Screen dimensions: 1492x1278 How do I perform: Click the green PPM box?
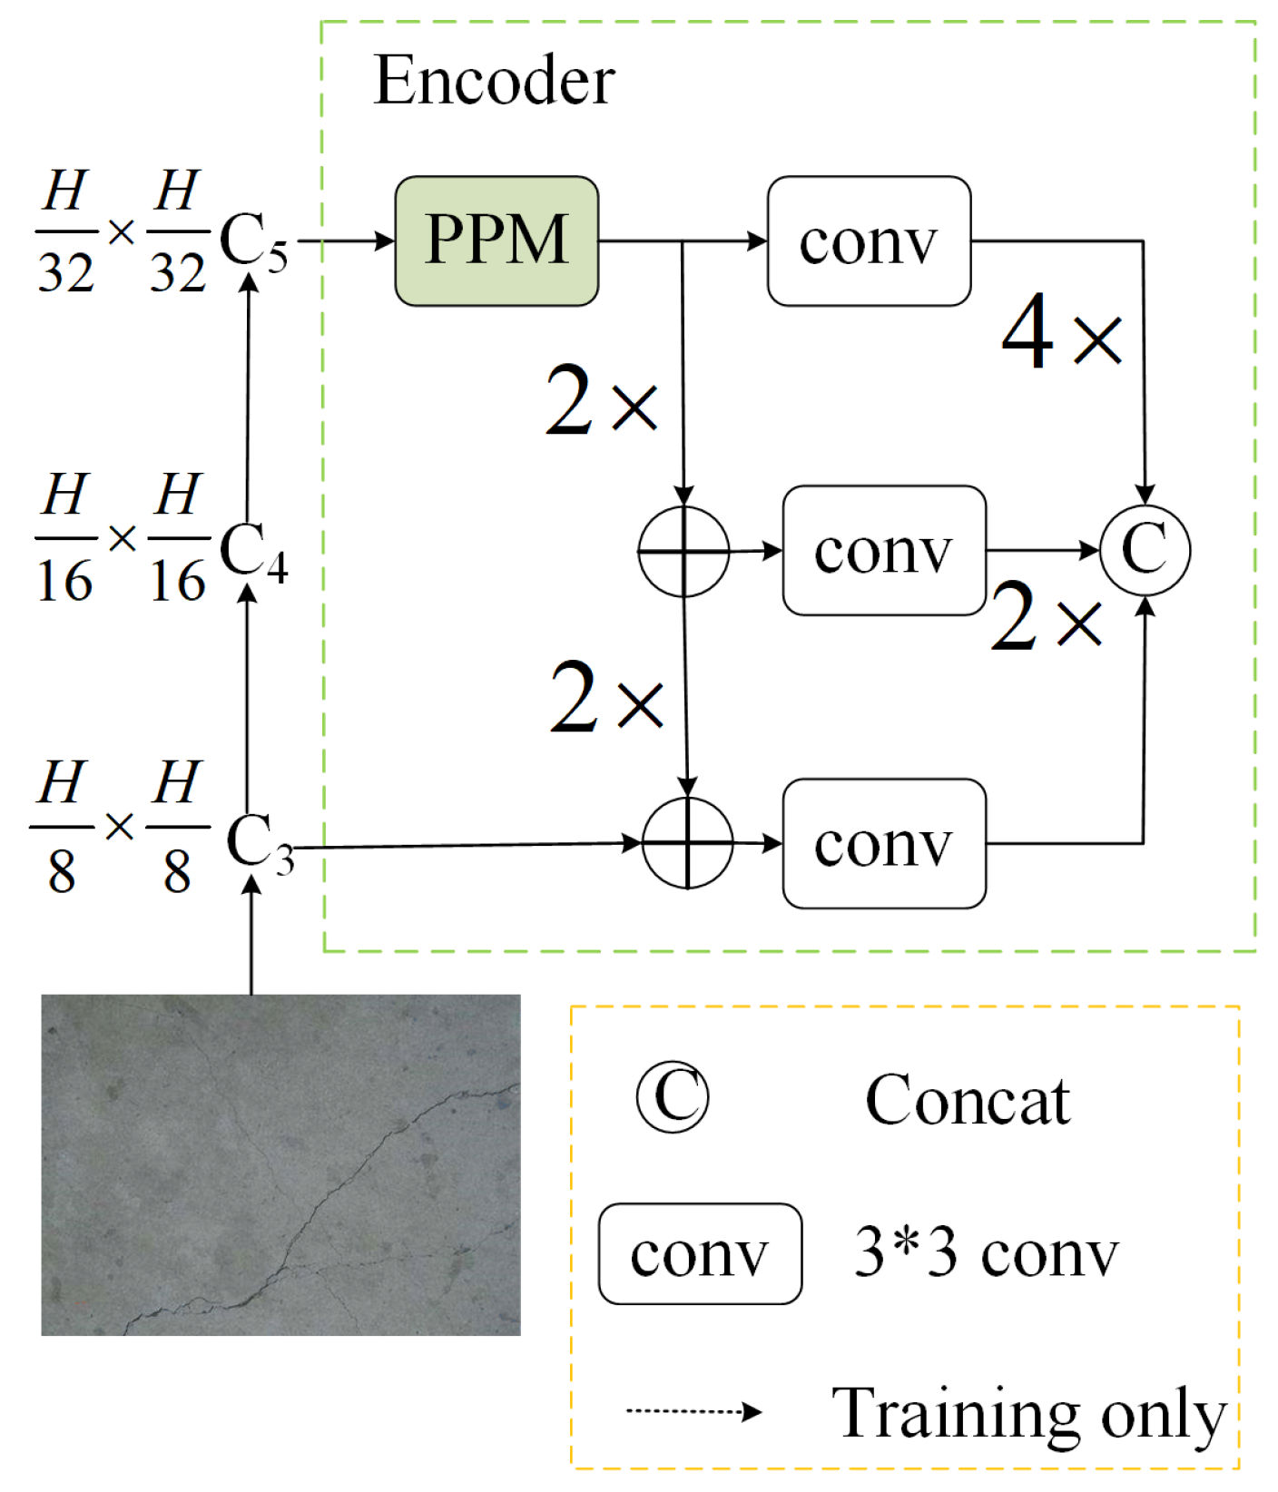point(496,240)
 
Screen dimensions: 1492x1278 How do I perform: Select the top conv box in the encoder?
point(869,240)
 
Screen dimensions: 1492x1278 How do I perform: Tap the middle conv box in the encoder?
point(883,550)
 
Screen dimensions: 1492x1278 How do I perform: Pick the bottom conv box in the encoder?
point(883,843)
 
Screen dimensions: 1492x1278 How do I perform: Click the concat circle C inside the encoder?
point(1145,550)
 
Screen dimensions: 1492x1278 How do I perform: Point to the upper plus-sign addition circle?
point(683,551)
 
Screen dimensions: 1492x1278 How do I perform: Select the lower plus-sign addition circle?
point(687,843)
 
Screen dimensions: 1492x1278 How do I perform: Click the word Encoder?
point(494,81)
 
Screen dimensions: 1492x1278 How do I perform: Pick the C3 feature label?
point(259,843)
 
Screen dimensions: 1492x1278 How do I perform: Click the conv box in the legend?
point(700,1253)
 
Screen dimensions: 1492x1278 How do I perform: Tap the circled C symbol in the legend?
point(673,1097)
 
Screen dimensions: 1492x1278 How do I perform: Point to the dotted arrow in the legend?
point(693,1410)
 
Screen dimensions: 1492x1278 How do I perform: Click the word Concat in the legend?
point(968,1100)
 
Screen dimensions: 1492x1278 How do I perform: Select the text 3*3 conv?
point(986,1253)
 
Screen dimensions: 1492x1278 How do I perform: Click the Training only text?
point(1028,1412)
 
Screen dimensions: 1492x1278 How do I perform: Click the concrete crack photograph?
point(280,1164)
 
